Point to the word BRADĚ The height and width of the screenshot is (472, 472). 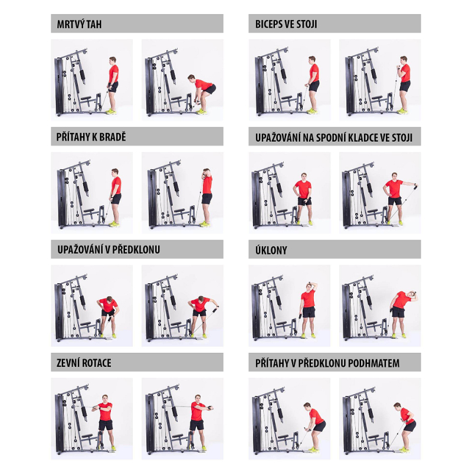113,137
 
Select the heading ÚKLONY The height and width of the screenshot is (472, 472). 271,250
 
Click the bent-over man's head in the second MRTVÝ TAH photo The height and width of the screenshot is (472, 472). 191,78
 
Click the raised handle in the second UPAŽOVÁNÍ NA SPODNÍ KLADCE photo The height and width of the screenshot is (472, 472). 415,186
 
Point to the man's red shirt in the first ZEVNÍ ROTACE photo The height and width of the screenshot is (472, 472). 105,411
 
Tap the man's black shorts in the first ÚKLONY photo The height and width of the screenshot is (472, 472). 308,312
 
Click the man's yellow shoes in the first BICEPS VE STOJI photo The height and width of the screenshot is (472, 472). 312,111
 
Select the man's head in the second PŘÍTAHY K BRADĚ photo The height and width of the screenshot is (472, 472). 207,172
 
